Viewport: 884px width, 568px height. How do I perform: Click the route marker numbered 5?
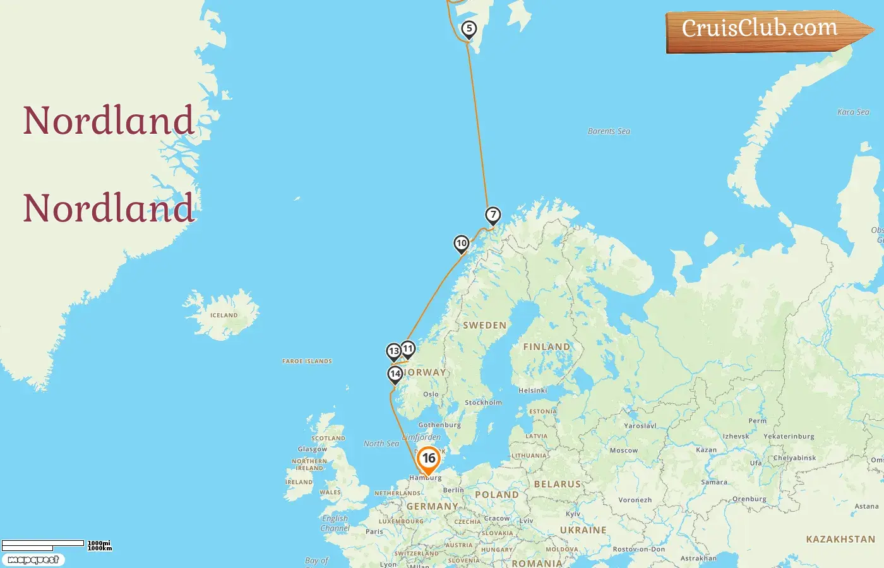[469, 29]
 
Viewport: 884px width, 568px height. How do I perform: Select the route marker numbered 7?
[493, 215]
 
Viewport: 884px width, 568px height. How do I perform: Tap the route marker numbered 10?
[462, 244]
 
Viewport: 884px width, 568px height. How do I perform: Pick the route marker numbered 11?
[408, 349]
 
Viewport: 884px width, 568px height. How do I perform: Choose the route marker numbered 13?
[394, 352]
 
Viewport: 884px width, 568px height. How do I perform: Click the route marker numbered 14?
[395, 374]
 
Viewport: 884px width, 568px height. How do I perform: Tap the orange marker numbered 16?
[429, 459]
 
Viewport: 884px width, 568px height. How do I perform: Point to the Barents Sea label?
[609, 131]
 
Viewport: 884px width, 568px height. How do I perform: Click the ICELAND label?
[224, 315]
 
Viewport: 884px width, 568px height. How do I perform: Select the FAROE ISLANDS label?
[307, 362]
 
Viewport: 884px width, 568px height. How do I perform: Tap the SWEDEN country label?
[485, 326]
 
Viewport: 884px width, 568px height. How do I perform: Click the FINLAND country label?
[547, 347]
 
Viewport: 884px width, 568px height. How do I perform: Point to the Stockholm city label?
[484, 403]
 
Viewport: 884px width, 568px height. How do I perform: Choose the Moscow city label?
[624, 451]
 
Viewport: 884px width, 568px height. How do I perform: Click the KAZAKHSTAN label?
[840, 540]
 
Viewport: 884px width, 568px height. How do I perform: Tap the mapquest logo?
[33, 560]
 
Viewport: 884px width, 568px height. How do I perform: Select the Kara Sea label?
[853, 112]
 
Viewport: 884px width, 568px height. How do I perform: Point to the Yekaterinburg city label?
[789, 437]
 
